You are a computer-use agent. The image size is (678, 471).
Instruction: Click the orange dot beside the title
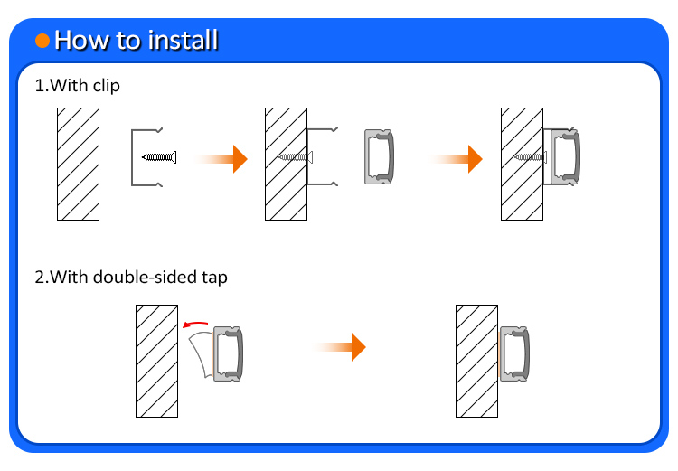(42, 41)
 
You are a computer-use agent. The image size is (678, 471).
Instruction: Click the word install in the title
(183, 40)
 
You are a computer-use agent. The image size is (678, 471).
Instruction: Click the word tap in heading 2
(214, 278)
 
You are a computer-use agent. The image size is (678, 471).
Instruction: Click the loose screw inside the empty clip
(159, 157)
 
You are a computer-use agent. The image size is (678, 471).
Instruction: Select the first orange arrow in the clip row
(221, 159)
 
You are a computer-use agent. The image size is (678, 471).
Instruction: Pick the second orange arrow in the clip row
(456, 159)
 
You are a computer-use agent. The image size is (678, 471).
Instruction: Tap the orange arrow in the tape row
(339, 347)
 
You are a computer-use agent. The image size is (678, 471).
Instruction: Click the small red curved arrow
(195, 324)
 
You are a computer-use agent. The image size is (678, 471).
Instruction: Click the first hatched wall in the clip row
(79, 164)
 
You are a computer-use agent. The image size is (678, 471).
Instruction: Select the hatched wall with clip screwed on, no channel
(286, 164)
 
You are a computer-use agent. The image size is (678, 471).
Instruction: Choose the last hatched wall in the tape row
(476, 361)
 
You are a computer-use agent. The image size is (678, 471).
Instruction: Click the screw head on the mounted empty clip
(310, 157)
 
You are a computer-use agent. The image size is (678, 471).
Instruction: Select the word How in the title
(82, 40)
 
